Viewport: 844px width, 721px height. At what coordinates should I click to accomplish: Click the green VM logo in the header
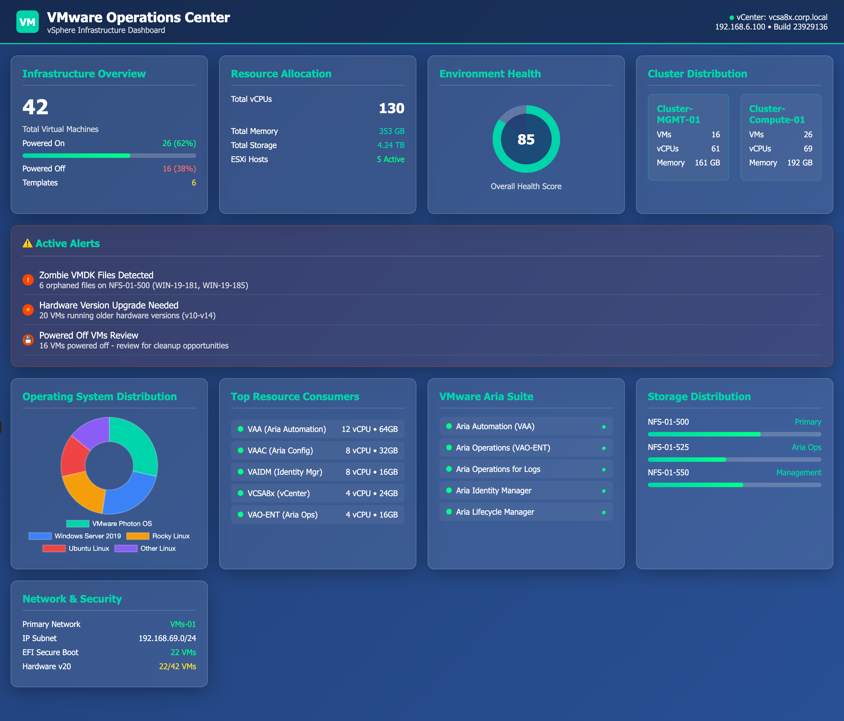click(x=27, y=22)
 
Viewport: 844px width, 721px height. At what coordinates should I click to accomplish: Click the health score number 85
click(x=526, y=139)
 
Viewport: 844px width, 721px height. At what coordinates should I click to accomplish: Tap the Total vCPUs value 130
click(x=391, y=108)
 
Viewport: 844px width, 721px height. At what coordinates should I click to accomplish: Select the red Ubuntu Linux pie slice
click(x=74, y=456)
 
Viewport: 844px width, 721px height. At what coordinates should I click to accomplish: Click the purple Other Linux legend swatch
click(x=126, y=548)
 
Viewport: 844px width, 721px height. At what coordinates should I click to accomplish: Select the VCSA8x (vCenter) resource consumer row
click(x=317, y=493)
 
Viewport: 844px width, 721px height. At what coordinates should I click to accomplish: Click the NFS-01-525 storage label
click(x=668, y=447)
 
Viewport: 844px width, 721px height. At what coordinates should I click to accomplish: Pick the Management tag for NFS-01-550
click(x=798, y=473)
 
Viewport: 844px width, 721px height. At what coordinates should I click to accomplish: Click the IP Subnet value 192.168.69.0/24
click(x=167, y=638)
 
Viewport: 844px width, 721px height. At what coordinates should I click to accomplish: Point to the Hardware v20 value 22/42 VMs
click(x=177, y=666)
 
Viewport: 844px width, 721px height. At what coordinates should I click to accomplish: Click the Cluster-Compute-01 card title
click(x=776, y=114)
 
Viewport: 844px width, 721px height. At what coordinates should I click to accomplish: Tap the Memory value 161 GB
click(x=707, y=163)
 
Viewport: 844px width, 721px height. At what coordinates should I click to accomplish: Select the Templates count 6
click(x=194, y=183)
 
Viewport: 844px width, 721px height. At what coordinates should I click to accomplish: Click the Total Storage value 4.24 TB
click(x=391, y=145)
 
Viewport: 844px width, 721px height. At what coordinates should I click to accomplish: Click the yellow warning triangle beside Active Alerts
click(x=27, y=243)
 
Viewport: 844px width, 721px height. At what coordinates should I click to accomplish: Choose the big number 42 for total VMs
click(x=35, y=107)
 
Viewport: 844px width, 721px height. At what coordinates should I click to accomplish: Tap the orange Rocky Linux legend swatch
click(x=138, y=536)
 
